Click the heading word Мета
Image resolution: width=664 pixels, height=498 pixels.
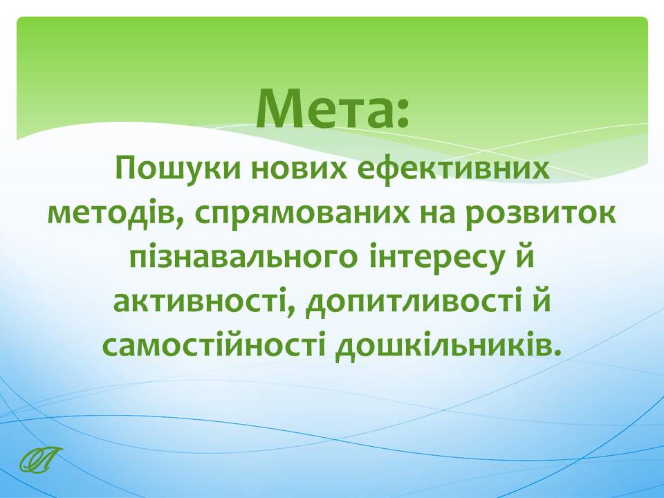click(x=325, y=109)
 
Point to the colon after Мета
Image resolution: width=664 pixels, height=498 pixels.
click(x=403, y=113)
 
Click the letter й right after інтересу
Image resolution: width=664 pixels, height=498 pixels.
click(x=526, y=255)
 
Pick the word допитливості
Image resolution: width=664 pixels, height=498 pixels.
click(x=414, y=303)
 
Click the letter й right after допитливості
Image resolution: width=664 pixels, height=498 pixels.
click(x=542, y=300)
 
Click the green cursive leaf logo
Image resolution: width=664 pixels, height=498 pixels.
click(x=41, y=459)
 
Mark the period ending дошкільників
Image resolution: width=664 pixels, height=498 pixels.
click(x=557, y=353)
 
